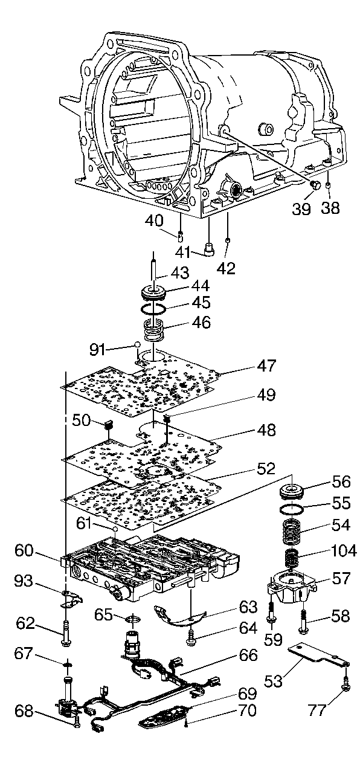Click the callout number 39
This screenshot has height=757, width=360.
click(x=301, y=209)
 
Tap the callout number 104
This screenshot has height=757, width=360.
click(x=341, y=550)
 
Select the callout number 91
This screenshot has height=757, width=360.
click(x=97, y=350)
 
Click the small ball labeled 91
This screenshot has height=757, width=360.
click(x=137, y=344)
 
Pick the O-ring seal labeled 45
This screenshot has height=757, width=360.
click(x=153, y=308)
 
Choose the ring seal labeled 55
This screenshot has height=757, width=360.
click(x=293, y=508)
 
